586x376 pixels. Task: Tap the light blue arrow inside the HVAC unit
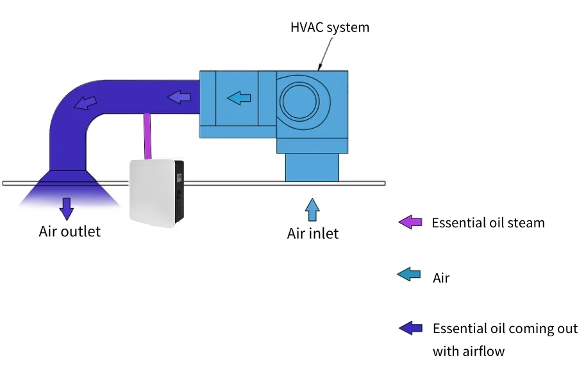pyautogui.click(x=239, y=98)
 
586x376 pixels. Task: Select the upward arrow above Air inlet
pyautogui.click(x=312, y=209)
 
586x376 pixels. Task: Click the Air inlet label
pyautogui.click(x=312, y=234)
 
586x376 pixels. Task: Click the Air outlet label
pyautogui.click(x=69, y=231)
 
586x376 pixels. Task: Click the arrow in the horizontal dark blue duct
pyautogui.click(x=180, y=97)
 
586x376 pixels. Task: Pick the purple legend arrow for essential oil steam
pyautogui.click(x=410, y=223)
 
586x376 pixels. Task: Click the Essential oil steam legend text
pyautogui.click(x=488, y=223)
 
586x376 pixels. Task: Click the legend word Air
pyautogui.click(x=441, y=278)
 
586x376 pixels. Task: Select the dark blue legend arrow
pyautogui.click(x=410, y=328)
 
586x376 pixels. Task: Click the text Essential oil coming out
pyautogui.click(x=505, y=329)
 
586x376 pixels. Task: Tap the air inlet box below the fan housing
pyautogui.click(x=312, y=167)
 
